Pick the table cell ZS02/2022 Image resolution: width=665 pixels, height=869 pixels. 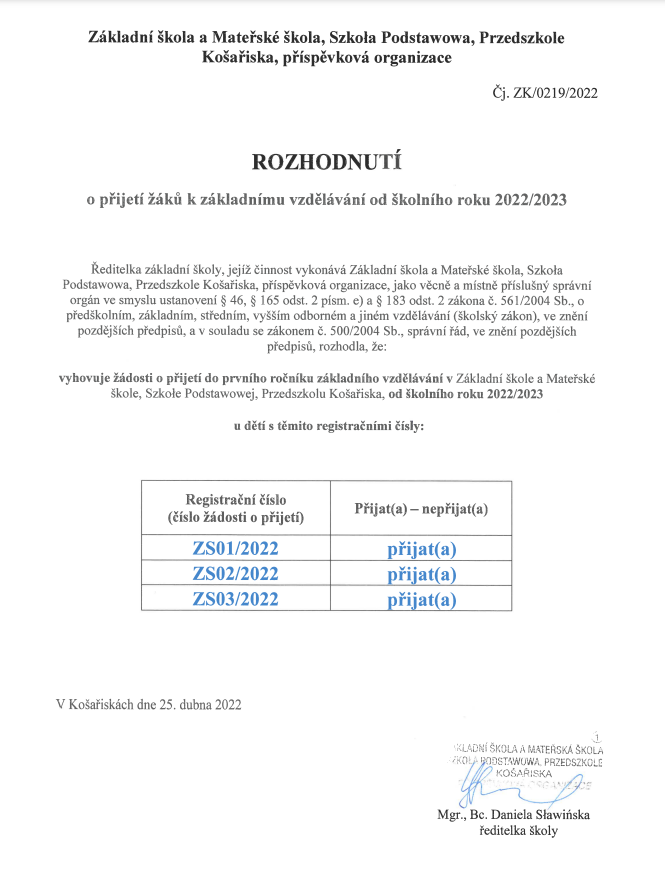pos(235,573)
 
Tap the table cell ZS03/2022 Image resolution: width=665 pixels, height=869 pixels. pos(235,599)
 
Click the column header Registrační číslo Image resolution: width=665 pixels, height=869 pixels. pos(235,499)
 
